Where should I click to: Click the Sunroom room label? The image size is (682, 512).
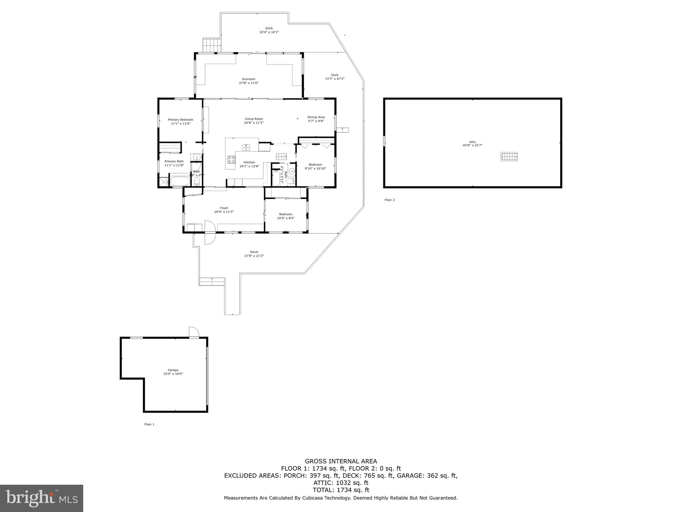tap(248, 79)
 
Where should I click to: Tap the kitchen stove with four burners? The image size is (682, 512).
tap(231, 159)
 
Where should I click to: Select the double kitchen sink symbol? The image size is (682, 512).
tap(246, 147)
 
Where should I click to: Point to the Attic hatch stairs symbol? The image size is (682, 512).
tap(509, 156)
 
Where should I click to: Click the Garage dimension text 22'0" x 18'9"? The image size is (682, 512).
tap(173, 374)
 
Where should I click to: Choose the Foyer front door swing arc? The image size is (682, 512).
tap(210, 233)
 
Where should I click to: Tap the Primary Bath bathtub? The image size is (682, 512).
tap(180, 182)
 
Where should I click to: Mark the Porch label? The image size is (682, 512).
tap(254, 252)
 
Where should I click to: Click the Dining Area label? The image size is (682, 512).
tap(316, 117)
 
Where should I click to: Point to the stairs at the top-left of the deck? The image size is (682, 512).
tap(212, 45)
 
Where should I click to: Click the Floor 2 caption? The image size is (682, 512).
tap(389, 200)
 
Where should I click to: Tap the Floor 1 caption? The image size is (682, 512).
tap(149, 424)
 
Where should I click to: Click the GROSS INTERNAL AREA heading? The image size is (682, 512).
tap(341, 461)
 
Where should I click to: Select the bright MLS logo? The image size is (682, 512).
tap(42, 498)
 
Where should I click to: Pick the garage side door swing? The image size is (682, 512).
tap(194, 332)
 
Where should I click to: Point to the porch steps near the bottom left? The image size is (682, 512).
tap(212, 281)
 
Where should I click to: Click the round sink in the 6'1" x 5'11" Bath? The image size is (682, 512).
tap(292, 171)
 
